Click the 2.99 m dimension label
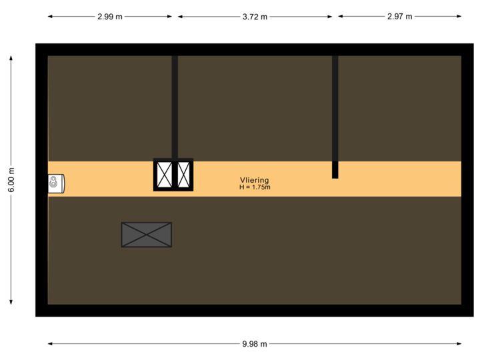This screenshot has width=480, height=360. click(x=110, y=17)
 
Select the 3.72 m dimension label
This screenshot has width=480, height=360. click(x=255, y=17)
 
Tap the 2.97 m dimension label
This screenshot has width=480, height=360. click(x=400, y=17)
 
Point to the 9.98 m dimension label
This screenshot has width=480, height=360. click(x=255, y=344)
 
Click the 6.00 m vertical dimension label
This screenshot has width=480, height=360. click(x=11, y=180)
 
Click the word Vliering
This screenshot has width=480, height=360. click(x=255, y=180)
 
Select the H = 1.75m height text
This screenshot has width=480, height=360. click(x=255, y=187)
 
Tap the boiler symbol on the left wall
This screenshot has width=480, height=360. click(x=55, y=183)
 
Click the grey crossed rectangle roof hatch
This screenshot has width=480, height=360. click(x=147, y=235)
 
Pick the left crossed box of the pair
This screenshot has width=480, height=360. click(x=163, y=175)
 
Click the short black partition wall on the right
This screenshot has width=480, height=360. click(x=335, y=117)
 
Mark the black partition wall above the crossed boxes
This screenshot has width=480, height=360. click(x=175, y=107)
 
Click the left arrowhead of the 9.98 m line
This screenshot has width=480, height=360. click(x=49, y=344)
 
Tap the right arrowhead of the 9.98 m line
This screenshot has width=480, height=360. click(x=460, y=344)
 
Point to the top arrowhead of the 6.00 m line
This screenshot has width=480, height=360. click(x=11, y=57)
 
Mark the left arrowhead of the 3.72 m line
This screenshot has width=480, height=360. click(x=179, y=17)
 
